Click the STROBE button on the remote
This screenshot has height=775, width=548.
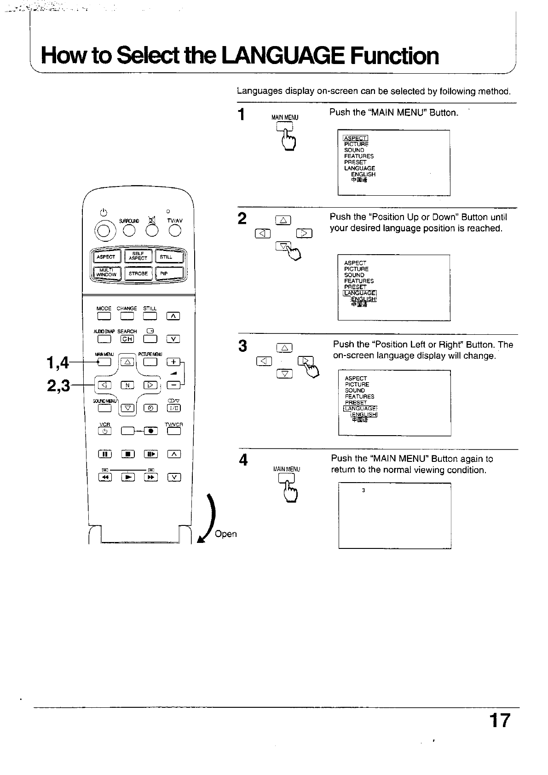point(138,274)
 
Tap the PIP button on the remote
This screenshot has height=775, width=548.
point(169,274)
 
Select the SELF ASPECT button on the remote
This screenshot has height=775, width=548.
point(138,256)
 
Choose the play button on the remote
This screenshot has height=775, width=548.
point(127,477)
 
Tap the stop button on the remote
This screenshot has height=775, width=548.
point(127,455)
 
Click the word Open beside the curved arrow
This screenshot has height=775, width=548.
point(226,534)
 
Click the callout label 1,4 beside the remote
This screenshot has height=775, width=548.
point(58,364)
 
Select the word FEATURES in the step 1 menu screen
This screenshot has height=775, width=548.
point(359,156)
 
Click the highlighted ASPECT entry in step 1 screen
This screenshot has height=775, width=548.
point(355,138)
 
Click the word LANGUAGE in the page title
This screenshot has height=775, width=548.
point(283,56)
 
